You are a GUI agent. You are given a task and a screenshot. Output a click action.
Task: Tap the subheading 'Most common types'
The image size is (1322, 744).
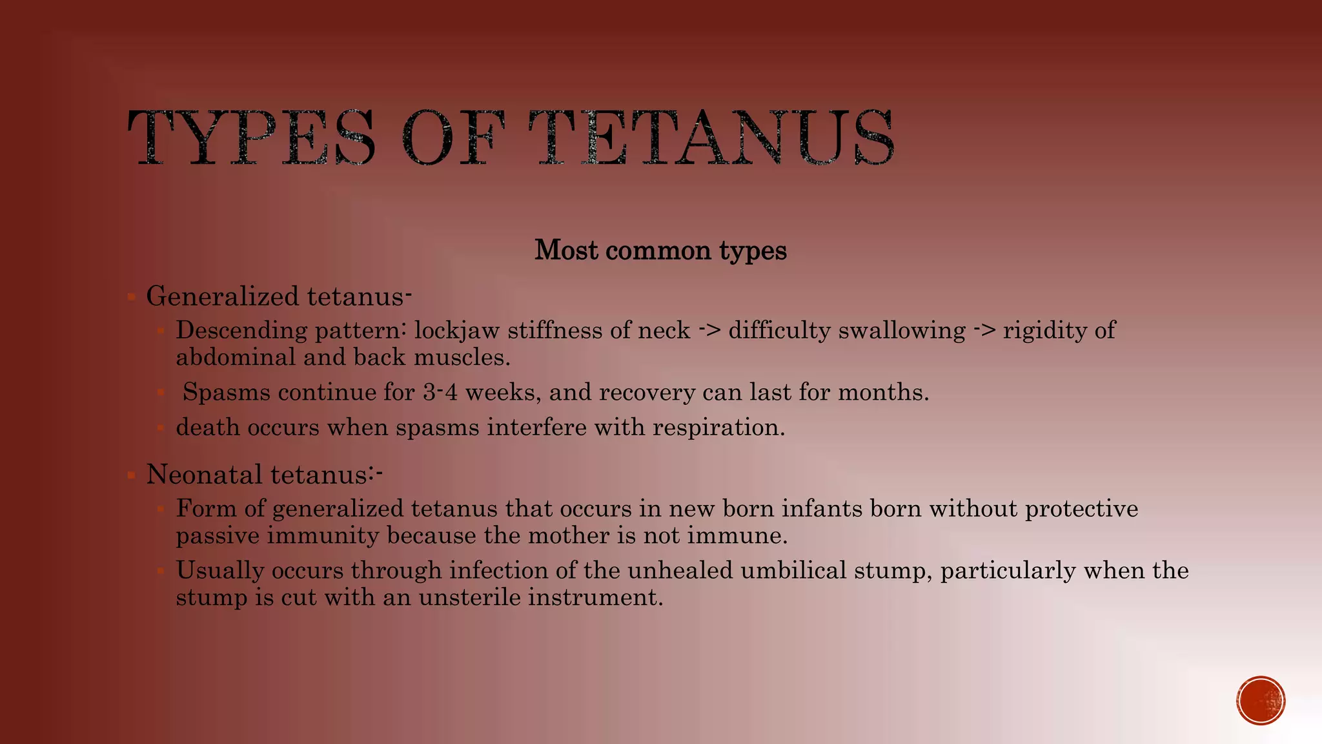[660, 250]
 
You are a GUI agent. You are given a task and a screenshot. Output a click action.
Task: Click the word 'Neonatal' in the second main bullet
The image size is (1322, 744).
[205, 475]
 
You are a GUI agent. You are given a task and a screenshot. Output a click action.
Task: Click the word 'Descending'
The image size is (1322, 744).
[241, 331]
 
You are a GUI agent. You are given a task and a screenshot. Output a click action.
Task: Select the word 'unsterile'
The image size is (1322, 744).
[469, 597]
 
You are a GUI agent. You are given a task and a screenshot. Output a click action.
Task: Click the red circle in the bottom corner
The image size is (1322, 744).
[1261, 701]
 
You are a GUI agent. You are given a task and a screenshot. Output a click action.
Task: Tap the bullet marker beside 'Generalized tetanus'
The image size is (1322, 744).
[131, 298]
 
